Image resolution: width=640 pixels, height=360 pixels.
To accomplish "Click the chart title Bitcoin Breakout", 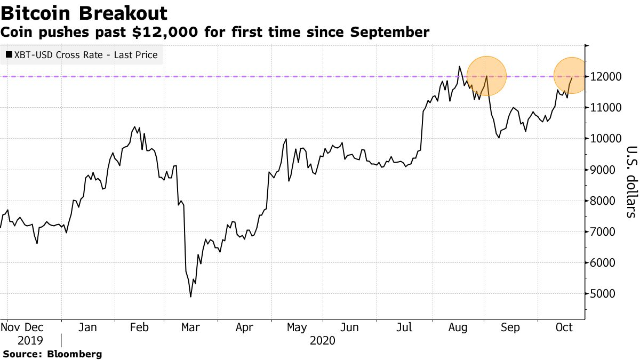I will pyautogui.click(x=84, y=13).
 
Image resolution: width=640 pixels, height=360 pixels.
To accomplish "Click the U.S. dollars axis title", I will pyautogui.click(x=631, y=181).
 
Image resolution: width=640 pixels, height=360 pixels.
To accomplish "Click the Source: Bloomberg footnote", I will pyautogui.click(x=52, y=354).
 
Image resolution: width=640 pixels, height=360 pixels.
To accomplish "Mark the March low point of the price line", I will pyautogui.click(x=190, y=296).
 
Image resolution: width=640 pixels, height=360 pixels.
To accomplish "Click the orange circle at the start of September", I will pyautogui.click(x=486, y=76).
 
